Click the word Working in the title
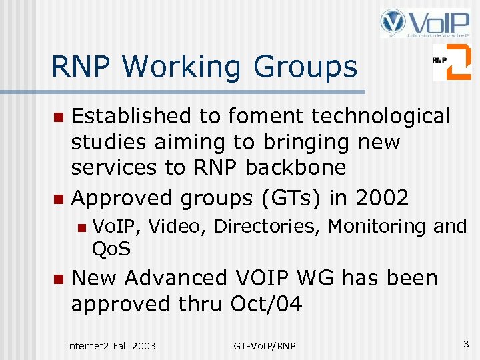click(x=183, y=67)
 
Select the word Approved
click(x=121, y=198)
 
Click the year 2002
click(x=382, y=198)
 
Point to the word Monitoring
click(x=378, y=227)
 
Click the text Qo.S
click(x=111, y=249)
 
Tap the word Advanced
click(x=175, y=278)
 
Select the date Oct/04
click(x=266, y=304)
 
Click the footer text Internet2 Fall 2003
click(x=110, y=345)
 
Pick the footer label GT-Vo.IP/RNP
click(x=265, y=345)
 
